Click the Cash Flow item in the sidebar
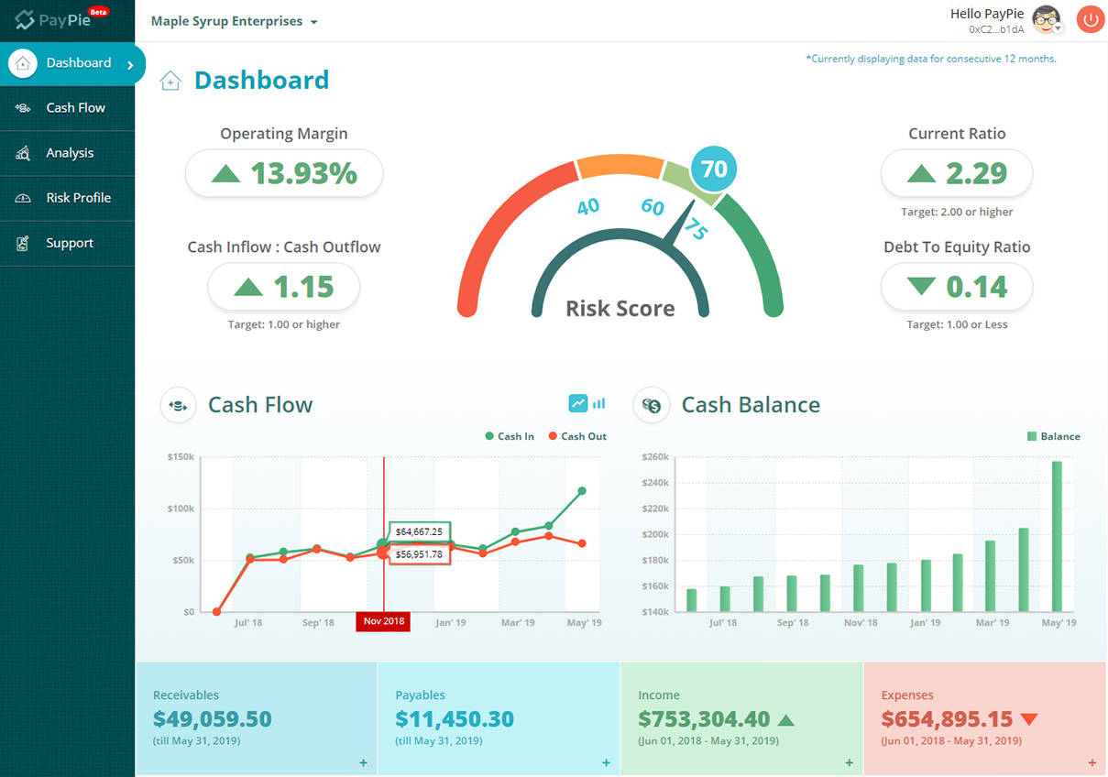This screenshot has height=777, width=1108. coord(75,108)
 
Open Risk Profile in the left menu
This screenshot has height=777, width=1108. coord(78,198)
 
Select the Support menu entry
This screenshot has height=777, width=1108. coord(70,243)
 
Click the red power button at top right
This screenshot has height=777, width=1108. coord(1090,19)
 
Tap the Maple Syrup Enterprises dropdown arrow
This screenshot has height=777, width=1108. coord(314,22)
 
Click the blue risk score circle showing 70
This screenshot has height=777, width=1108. coord(713,169)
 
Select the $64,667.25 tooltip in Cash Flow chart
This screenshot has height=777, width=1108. coord(419,531)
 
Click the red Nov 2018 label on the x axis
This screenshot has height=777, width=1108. coord(383,622)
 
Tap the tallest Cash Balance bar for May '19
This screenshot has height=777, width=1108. coord(1057,536)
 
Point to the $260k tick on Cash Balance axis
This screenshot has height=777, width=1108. coord(655,456)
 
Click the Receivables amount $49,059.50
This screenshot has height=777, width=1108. coord(212,719)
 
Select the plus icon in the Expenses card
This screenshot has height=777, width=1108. coord(1092,762)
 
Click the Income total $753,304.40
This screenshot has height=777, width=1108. coord(704,719)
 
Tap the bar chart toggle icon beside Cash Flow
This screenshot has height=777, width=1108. coord(599,403)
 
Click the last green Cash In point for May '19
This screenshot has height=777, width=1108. coord(582,491)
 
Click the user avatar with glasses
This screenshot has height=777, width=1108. coord(1046,18)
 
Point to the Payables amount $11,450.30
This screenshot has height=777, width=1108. coord(455,719)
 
